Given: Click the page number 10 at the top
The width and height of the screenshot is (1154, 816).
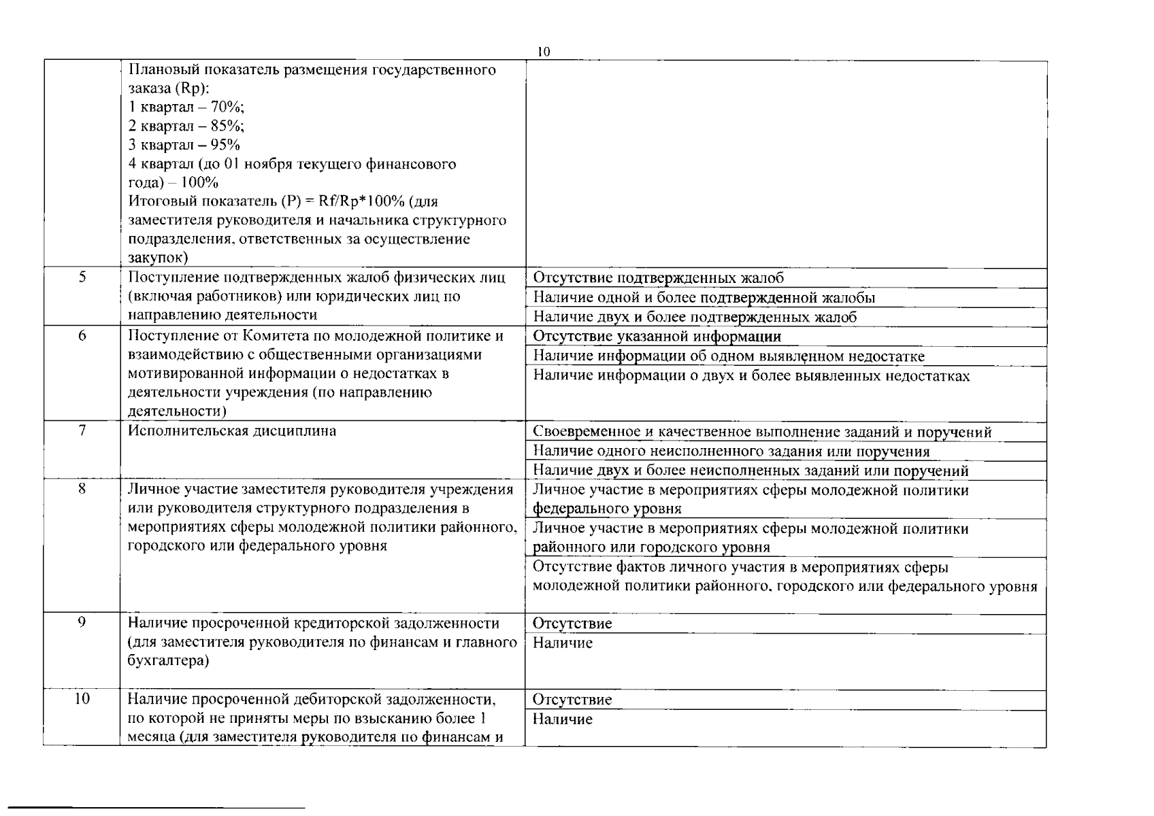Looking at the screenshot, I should click(543, 52).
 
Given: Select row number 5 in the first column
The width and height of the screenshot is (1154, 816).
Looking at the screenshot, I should click(82, 277).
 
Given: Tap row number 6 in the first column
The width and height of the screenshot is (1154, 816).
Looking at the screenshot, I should click(82, 335).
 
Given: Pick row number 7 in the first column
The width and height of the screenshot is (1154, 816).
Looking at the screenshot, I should click(82, 430).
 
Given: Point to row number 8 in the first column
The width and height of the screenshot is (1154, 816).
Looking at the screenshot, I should click(82, 488).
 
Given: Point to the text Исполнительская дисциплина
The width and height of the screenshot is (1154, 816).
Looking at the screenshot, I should click(231, 431).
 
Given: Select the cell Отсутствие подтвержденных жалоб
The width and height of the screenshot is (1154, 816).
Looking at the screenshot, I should click(658, 278).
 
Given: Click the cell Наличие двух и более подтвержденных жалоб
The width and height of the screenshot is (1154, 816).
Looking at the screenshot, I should click(694, 317).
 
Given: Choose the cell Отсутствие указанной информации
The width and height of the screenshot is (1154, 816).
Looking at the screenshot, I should click(657, 337).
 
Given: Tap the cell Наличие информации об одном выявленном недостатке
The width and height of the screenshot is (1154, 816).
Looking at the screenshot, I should click(728, 356).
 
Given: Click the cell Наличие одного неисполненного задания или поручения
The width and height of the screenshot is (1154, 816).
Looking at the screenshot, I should click(731, 452).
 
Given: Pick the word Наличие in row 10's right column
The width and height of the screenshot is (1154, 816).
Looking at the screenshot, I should click(562, 719).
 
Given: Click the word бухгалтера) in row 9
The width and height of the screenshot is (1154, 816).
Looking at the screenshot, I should click(168, 661).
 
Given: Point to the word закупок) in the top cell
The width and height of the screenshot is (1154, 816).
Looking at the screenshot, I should click(158, 258).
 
